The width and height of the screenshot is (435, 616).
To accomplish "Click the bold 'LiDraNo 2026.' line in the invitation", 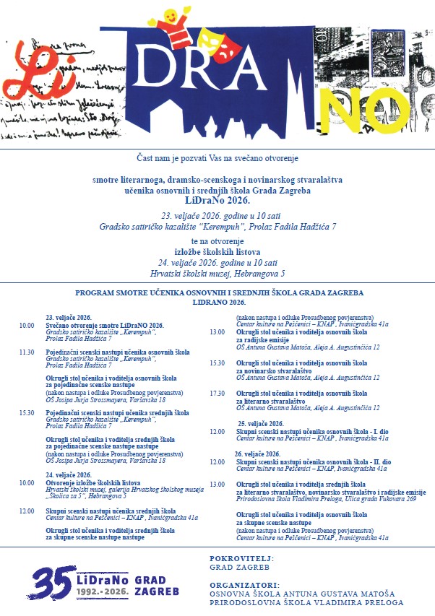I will [x=217, y=199].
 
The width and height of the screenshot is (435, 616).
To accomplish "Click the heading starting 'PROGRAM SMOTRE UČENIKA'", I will [x=219, y=293].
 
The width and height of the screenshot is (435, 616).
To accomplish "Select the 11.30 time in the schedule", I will [x=27, y=352].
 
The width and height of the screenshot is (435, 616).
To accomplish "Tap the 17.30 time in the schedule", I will [x=217, y=393].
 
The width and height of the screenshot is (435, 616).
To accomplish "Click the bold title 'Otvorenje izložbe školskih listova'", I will [x=82, y=482].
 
